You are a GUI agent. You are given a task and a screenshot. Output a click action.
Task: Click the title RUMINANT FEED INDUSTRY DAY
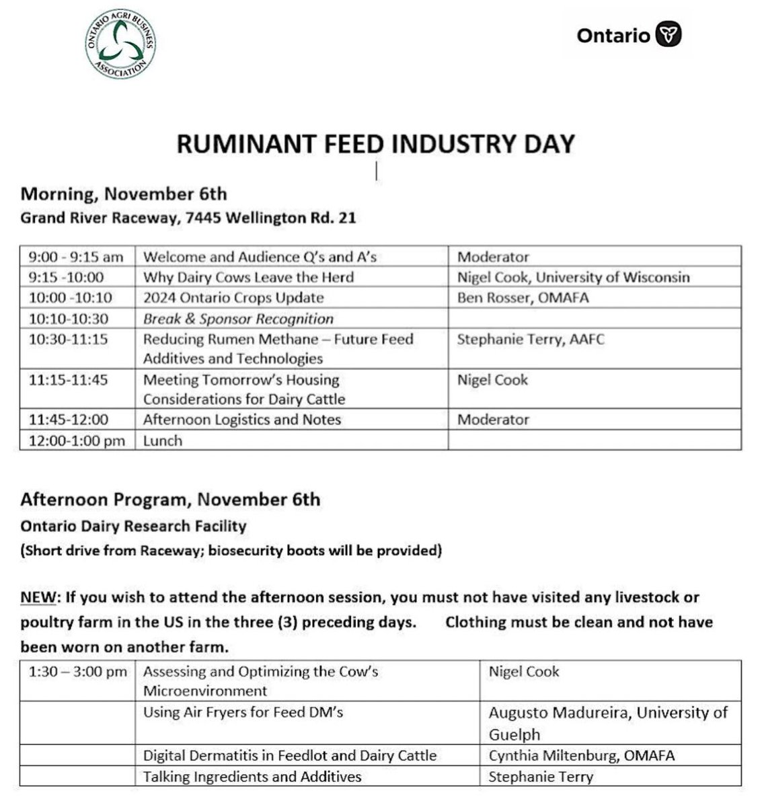375,145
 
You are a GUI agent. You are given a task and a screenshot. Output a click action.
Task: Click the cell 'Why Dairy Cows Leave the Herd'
248,277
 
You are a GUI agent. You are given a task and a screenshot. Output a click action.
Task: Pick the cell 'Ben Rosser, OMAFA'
523,297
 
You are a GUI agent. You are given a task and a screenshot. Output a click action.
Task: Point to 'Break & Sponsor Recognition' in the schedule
238,319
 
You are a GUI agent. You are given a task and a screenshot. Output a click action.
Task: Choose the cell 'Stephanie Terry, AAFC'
531,339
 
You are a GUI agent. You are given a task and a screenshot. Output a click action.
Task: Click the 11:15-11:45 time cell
69,380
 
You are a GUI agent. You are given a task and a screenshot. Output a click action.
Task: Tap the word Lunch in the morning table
163,440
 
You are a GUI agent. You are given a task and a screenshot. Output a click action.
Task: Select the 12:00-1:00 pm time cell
77,440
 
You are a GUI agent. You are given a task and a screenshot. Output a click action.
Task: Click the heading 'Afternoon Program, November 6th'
170,500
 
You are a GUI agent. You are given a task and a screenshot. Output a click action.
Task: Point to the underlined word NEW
37,597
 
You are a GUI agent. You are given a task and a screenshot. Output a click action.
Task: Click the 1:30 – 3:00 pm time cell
78,671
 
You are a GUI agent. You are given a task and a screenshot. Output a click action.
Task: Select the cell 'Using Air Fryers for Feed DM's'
243,712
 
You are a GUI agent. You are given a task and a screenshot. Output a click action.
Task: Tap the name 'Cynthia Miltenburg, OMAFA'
581,755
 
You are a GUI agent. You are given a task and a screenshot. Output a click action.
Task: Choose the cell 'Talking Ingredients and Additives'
252,777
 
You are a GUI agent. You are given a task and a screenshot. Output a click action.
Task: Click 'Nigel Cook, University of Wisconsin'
573,277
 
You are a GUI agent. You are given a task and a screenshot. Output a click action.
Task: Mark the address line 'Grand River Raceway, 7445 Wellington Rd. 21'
188,218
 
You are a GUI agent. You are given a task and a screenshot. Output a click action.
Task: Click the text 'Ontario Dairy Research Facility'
133,526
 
